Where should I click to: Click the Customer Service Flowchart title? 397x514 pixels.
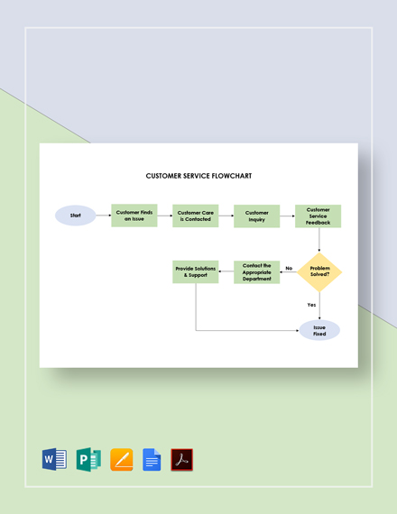[x=198, y=176]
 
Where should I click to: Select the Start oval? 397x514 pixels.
[x=75, y=216]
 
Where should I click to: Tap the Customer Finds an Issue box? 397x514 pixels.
[x=134, y=216]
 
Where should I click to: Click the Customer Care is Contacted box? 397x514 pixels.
[x=196, y=216]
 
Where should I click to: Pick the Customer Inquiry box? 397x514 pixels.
[x=257, y=216]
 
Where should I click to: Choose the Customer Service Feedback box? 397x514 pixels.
[x=318, y=216]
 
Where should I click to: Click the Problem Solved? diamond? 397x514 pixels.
[x=319, y=272]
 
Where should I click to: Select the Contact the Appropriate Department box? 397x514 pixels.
[x=257, y=272]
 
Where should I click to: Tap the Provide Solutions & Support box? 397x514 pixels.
[x=196, y=272]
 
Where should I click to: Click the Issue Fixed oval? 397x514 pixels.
[x=319, y=330]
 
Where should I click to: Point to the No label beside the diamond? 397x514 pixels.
[x=289, y=268]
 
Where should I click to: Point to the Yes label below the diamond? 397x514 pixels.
[x=311, y=305]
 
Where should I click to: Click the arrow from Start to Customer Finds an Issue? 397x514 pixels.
[x=103, y=216]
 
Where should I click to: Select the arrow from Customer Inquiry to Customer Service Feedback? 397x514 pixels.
[x=287, y=216]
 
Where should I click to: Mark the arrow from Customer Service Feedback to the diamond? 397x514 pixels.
[x=319, y=240]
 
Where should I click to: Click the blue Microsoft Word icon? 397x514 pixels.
[x=54, y=459]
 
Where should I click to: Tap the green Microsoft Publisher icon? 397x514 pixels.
[x=88, y=459]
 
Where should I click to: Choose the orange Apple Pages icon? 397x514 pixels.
[x=122, y=459]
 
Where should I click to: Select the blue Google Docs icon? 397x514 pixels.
[x=152, y=459]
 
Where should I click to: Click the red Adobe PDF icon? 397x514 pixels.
[x=182, y=459]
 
